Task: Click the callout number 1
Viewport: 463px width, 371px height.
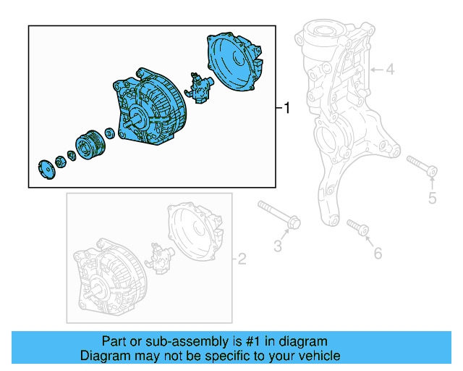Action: pyautogui.click(x=286, y=109)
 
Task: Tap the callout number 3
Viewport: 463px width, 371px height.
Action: pyautogui.click(x=278, y=246)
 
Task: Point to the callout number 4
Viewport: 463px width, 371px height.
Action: pyautogui.click(x=389, y=70)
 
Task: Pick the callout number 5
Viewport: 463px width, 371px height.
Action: pyautogui.click(x=432, y=198)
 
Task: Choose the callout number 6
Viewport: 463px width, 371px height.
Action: pyautogui.click(x=376, y=252)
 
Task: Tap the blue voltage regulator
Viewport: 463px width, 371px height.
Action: pyautogui.click(x=199, y=87)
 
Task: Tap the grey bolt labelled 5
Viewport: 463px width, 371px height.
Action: pyautogui.click(x=421, y=165)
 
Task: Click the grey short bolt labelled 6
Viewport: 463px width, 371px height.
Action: pyautogui.click(x=357, y=228)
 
